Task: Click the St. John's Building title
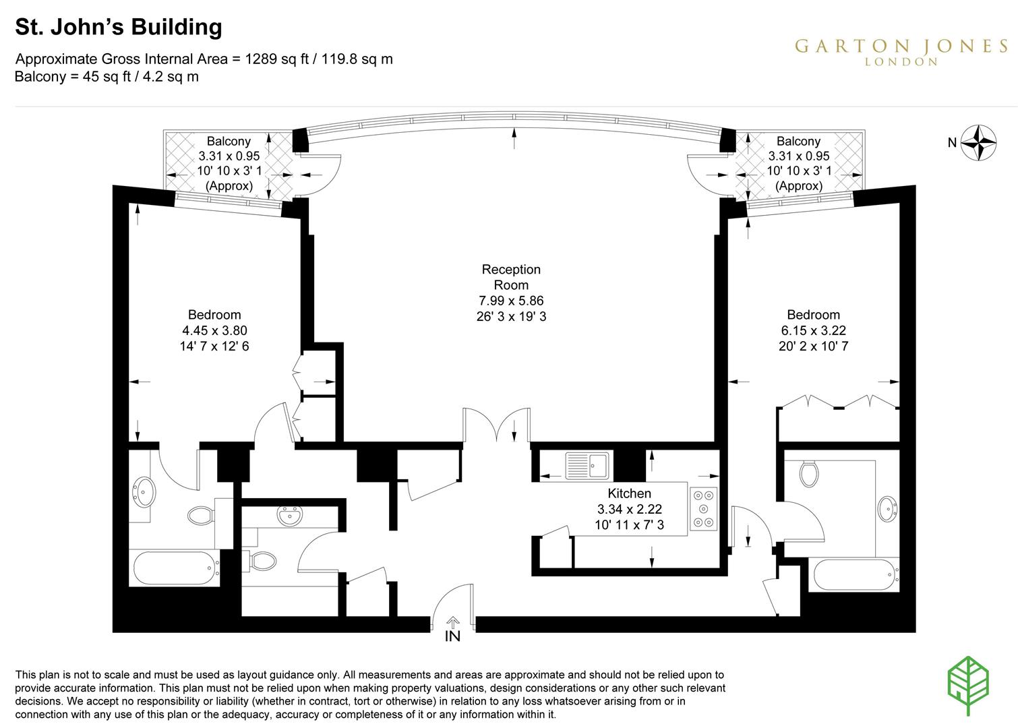(x=119, y=27)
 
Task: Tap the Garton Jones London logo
(x=901, y=51)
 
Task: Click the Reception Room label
(x=511, y=277)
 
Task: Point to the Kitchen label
(x=629, y=493)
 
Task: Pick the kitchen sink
(x=587, y=465)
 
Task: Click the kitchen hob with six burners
(x=704, y=508)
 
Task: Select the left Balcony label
(x=229, y=141)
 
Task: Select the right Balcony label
(x=798, y=141)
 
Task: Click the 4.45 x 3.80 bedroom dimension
(x=214, y=330)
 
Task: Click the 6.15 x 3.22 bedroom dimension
(x=813, y=330)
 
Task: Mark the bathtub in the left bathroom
(x=175, y=568)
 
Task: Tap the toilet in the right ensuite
(x=809, y=473)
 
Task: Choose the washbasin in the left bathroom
(x=144, y=491)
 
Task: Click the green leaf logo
(x=968, y=684)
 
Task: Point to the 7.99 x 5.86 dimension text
(x=511, y=301)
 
